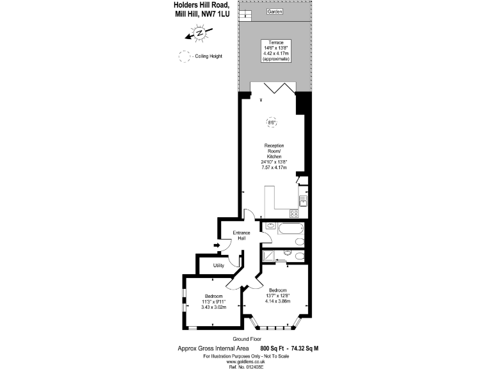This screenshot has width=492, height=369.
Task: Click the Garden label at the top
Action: [275, 12]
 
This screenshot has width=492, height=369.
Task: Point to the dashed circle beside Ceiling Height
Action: [185, 56]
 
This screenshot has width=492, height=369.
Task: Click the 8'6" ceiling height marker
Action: [271, 122]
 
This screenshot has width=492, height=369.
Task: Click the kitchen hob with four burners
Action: [294, 213]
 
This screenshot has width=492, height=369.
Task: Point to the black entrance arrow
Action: [217, 245]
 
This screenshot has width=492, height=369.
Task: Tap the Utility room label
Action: [218, 265]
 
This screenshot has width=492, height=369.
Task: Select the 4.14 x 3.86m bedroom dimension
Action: [279, 301]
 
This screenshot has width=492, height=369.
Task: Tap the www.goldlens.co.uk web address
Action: [245, 361]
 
